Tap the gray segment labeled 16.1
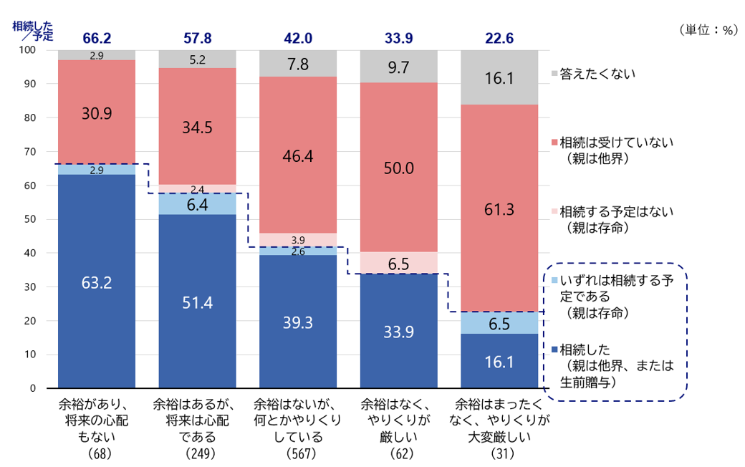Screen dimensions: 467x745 tap(499, 77)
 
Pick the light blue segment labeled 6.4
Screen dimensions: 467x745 tap(197, 204)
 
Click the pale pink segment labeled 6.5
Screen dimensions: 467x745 tap(399, 263)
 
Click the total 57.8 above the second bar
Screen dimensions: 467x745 tap(197, 38)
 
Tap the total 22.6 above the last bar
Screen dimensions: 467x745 tap(499, 38)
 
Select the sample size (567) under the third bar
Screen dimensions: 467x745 tap(298, 454)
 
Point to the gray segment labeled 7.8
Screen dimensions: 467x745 tap(298, 64)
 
